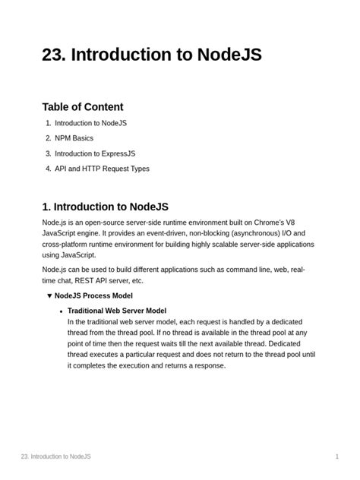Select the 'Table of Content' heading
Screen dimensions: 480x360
83,107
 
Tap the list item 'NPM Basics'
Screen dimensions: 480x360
75,138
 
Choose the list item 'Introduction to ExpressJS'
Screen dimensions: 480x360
95,153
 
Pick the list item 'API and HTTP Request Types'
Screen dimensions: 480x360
102,169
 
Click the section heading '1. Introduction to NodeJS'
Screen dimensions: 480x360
105,207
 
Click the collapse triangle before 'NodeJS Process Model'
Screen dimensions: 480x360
49,295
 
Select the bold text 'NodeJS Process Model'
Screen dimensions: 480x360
93,295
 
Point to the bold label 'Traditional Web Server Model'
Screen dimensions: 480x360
117,311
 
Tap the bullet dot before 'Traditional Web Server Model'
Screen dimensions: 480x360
60,311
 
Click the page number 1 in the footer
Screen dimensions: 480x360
336,456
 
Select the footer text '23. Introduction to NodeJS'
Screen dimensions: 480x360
56,456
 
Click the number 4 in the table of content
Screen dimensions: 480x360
48,169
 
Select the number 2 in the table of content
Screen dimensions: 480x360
48,138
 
